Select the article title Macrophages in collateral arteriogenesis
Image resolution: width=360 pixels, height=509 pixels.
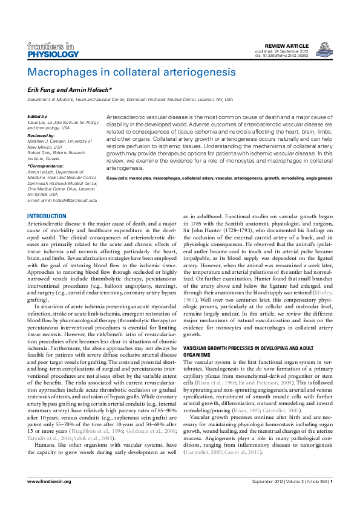click(x=131, y=72)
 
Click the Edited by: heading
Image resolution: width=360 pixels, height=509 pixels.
click(x=39, y=116)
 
